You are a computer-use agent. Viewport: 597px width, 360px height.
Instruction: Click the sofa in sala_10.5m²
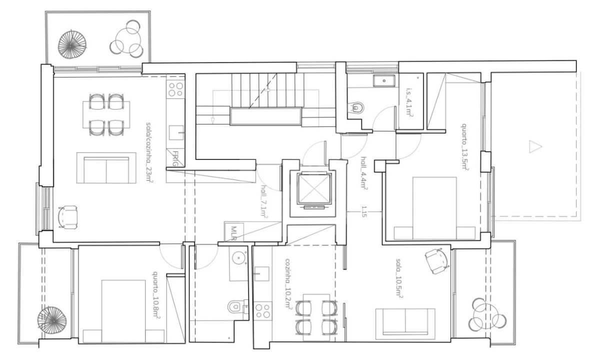click(x=405, y=322)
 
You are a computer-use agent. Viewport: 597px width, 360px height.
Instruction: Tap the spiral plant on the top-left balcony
click(x=70, y=45)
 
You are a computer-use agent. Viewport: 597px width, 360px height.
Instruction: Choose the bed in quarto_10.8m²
click(x=123, y=310)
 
